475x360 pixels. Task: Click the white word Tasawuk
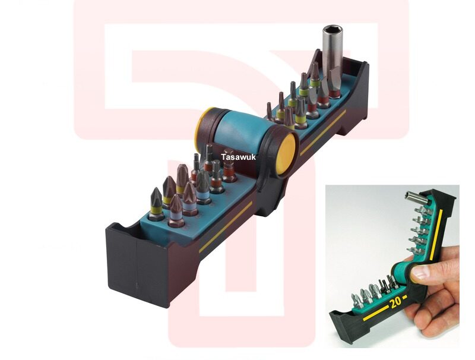click(238, 157)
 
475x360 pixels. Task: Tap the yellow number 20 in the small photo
click(395, 302)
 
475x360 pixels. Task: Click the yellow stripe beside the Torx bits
click(322, 132)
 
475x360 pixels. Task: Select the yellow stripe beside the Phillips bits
click(226, 227)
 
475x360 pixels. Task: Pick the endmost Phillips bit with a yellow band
click(156, 204)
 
